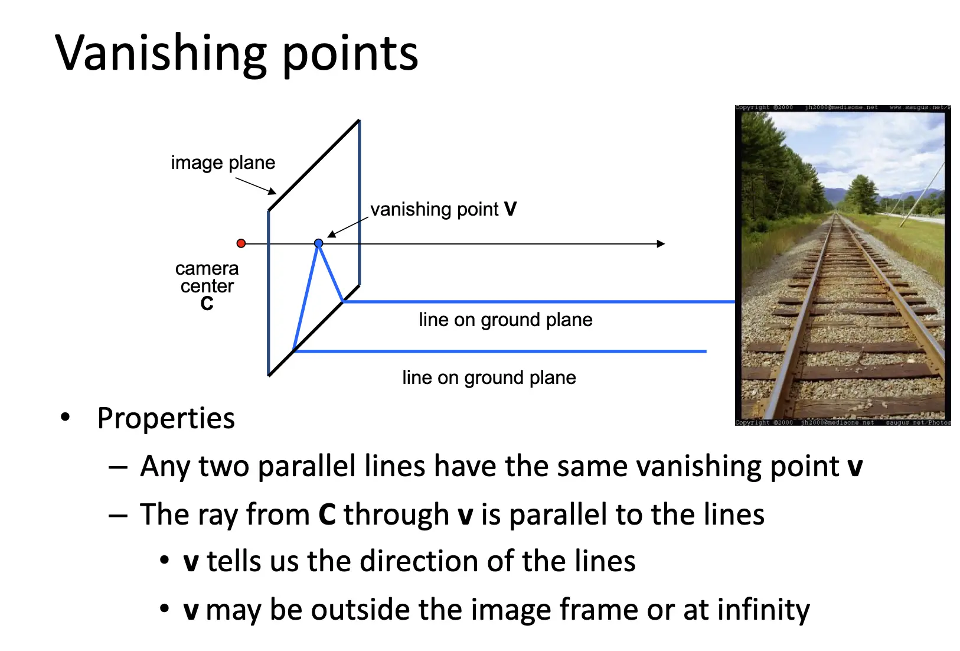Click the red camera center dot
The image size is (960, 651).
[x=241, y=243]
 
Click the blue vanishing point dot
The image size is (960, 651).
[x=319, y=243]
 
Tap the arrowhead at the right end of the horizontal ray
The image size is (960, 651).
[x=661, y=243]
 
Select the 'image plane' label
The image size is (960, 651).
[x=223, y=162]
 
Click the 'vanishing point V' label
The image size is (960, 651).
[x=443, y=209]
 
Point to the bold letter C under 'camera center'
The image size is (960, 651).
[x=207, y=304]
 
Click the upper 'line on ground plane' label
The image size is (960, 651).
[x=505, y=320]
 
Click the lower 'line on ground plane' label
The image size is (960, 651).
[x=489, y=377]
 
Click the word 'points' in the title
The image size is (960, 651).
[x=350, y=54]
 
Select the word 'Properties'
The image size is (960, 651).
[x=166, y=418]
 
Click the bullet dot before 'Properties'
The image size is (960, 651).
[x=66, y=417]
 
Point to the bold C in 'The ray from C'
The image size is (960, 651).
[x=327, y=515]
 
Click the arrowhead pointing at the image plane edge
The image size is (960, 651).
[x=272, y=191]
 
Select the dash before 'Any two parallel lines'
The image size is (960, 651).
[x=118, y=467]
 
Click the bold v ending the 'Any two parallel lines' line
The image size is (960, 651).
[x=855, y=467]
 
